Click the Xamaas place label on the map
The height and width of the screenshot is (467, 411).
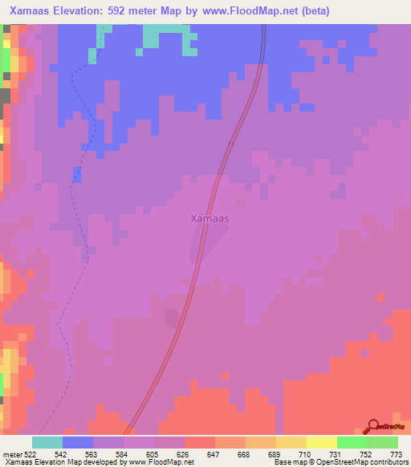coord(210,217)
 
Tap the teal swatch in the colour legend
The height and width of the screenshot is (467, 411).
coord(47,443)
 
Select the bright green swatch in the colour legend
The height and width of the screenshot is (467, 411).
coord(352,443)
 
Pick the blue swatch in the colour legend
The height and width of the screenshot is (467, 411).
coord(78,443)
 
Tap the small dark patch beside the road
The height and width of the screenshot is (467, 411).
coord(172,319)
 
